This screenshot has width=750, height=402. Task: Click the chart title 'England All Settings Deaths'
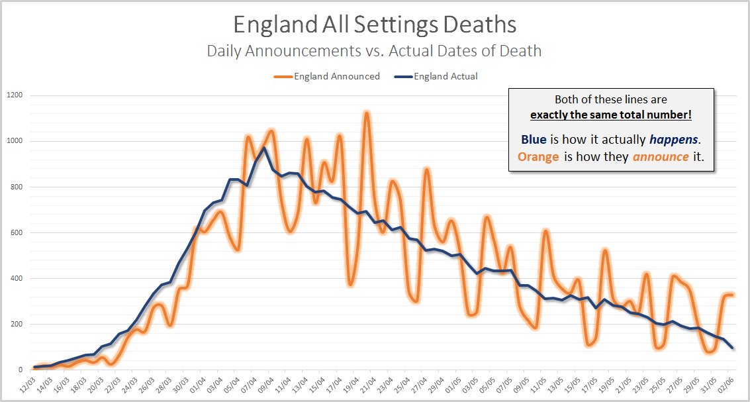[375, 25]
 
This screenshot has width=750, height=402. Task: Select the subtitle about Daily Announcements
[375, 50]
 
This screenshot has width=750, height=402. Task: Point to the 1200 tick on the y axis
[14, 95]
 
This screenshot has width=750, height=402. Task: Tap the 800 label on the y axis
[16, 187]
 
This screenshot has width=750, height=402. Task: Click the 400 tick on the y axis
[16, 278]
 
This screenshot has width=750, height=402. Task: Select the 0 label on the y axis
[21, 370]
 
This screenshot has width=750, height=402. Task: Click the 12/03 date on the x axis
[28, 384]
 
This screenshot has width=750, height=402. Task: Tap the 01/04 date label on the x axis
[197, 384]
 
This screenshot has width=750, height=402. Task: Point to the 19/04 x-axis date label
[349, 384]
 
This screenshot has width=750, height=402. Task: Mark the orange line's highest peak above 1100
[366, 113]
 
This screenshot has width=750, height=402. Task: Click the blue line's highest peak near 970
[264, 148]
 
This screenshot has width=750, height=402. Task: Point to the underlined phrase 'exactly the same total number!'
[611, 115]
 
